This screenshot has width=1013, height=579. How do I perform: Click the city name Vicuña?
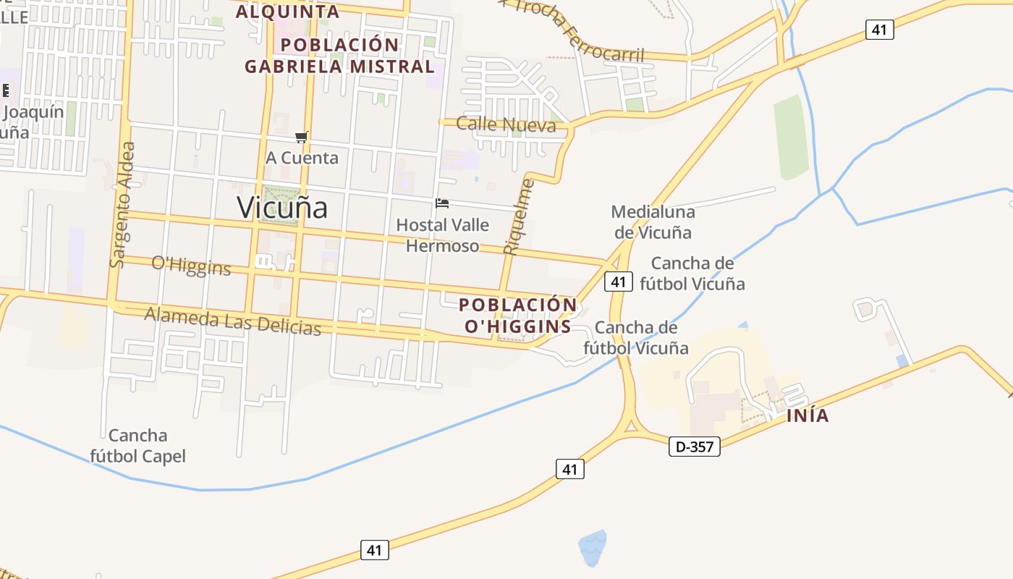point(282,208)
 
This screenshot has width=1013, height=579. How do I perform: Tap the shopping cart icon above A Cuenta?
point(302,138)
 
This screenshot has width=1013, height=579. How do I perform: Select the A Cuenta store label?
point(302,158)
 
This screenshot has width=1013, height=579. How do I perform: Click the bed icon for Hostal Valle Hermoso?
point(442,203)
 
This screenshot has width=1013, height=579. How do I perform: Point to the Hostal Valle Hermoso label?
point(442,235)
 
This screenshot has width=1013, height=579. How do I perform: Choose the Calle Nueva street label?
point(506,125)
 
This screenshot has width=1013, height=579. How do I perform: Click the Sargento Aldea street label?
point(121,205)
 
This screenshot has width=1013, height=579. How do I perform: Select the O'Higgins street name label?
point(191,266)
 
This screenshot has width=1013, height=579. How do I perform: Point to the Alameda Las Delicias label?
point(232,320)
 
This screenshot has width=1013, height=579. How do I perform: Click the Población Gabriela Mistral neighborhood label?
point(339,56)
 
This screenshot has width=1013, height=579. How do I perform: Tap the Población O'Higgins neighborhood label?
point(518,316)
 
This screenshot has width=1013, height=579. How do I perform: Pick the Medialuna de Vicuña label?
point(653,222)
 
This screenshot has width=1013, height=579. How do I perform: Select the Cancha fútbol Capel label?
point(137,446)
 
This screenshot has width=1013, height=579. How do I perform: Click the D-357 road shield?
point(694,447)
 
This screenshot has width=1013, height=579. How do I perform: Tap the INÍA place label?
point(808,416)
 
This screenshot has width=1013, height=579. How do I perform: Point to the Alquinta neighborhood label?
point(287,12)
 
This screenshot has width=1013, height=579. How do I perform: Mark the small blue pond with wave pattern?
point(593,548)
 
